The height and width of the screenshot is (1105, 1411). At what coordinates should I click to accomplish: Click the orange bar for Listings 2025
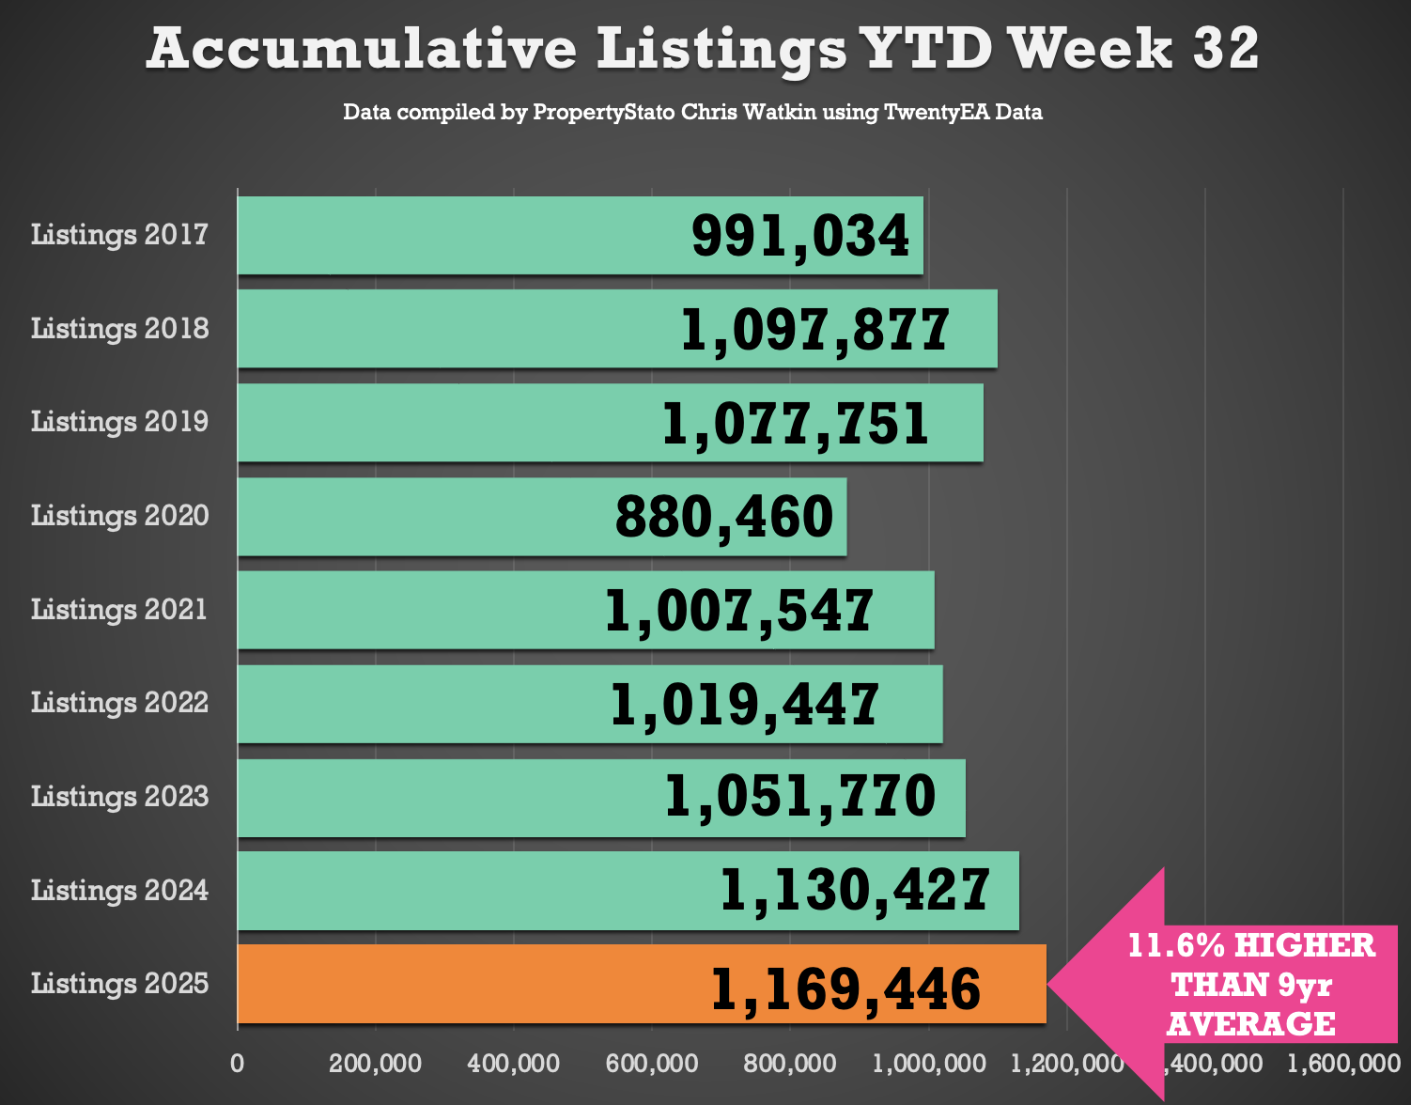tap(470, 984)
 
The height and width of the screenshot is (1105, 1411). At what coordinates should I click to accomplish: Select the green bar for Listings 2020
tap(423, 517)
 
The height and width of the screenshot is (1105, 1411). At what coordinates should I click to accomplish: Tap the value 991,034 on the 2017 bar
tap(800, 236)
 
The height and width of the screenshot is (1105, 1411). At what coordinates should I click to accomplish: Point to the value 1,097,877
tap(814, 330)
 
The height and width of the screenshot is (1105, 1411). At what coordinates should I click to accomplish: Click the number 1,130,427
tap(855, 890)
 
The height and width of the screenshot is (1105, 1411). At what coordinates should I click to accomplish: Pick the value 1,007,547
tap(739, 611)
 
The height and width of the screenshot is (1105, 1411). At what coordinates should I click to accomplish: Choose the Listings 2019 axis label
tap(119, 422)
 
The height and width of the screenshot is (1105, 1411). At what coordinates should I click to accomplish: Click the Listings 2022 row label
tap(119, 703)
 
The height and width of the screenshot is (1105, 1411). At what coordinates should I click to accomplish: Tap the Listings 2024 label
tap(119, 890)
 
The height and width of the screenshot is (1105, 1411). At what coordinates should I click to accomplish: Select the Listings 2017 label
tap(119, 235)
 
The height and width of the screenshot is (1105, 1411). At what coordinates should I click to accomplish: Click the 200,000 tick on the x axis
tap(375, 1064)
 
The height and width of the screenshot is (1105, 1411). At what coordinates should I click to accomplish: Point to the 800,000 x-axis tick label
tap(790, 1064)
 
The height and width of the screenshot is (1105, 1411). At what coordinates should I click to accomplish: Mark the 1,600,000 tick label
tap(1343, 1064)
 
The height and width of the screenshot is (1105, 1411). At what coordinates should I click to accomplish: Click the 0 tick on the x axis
tap(238, 1064)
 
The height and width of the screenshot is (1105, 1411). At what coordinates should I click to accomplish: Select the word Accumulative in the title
tap(362, 49)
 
